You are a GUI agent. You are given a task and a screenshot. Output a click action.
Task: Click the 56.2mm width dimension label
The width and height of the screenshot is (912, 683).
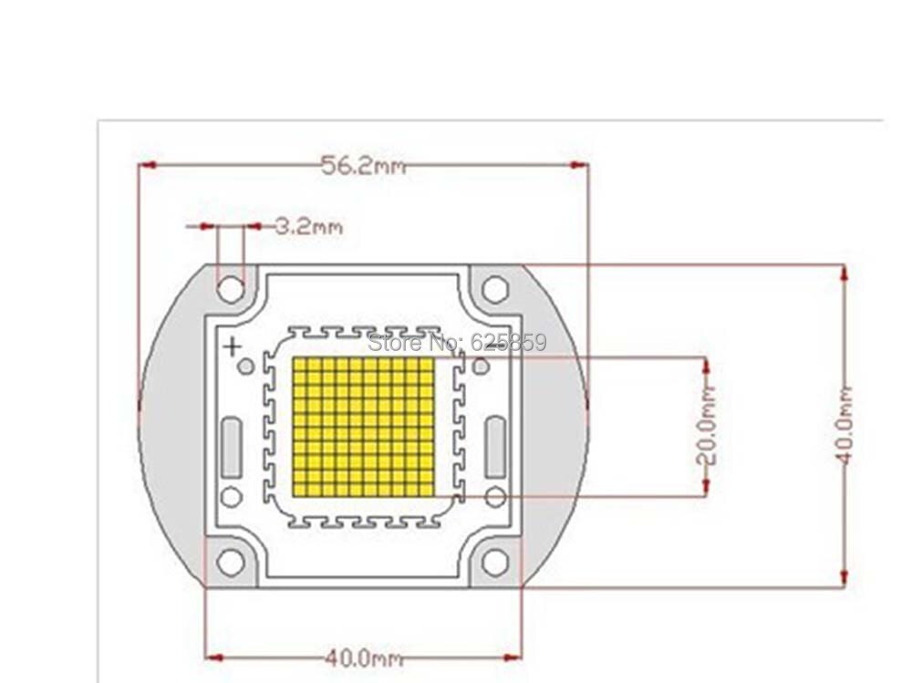[364, 166]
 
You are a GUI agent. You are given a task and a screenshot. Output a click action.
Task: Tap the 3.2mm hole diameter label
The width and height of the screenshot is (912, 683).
[308, 226]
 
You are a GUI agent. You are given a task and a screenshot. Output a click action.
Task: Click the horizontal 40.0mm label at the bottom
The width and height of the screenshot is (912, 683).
[364, 658]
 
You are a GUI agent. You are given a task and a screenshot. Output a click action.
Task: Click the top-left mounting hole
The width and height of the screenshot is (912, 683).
[231, 289]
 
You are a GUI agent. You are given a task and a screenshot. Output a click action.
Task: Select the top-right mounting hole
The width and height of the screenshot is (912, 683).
[495, 289]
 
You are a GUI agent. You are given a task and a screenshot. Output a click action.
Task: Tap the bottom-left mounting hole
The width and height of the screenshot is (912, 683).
[231, 562]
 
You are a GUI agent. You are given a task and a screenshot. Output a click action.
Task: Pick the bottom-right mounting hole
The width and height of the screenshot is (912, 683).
[495, 562]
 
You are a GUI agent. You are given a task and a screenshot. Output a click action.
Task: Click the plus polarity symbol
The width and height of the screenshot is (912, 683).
[233, 347]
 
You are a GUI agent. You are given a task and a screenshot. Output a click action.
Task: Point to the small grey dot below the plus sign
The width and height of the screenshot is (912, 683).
[246, 367]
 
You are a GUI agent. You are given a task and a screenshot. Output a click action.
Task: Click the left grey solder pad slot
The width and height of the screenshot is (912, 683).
[232, 448]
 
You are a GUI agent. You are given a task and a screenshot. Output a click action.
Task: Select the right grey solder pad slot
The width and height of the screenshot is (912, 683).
[495, 448]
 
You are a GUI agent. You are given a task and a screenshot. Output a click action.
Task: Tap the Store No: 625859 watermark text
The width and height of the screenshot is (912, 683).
[458, 342]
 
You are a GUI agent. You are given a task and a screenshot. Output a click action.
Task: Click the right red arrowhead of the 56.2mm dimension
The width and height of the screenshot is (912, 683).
[578, 165]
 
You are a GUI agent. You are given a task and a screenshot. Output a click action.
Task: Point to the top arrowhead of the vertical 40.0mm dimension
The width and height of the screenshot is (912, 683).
[845, 274]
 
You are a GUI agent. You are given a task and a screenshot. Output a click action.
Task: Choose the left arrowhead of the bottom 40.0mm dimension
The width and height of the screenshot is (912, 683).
[216, 658]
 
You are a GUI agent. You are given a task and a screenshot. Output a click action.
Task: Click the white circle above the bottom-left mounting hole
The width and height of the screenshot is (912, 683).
[232, 497]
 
